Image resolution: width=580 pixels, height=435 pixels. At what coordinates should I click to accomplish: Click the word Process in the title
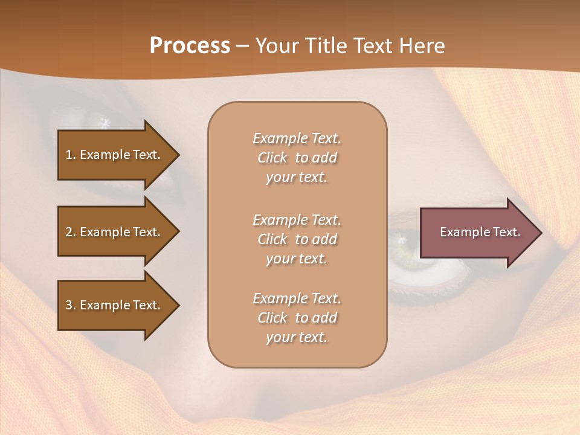[x=190, y=46]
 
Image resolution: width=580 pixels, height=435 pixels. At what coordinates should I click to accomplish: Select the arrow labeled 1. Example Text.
[x=115, y=155]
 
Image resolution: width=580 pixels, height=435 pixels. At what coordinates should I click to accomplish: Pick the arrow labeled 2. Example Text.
[x=115, y=232]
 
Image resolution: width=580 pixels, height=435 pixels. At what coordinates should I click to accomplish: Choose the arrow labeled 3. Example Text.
[x=115, y=305]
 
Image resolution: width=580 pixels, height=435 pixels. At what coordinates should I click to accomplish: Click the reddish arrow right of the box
[x=477, y=233]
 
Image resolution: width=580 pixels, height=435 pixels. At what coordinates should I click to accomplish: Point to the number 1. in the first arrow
[x=71, y=155]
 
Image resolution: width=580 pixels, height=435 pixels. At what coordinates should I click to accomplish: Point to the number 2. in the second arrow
[x=71, y=232]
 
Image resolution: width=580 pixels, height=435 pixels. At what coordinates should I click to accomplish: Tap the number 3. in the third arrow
[x=71, y=305]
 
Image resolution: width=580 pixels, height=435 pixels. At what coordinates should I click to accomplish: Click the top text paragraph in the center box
[x=297, y=158]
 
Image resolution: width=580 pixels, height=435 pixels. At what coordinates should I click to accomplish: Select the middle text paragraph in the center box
[x=297, y=239]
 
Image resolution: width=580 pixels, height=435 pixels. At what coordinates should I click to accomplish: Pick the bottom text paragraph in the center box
[x=297, y=318]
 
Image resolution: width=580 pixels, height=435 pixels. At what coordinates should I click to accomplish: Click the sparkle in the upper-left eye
[x=105, y=123]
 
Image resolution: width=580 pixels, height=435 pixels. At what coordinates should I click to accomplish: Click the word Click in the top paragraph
[x=272, y=158]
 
